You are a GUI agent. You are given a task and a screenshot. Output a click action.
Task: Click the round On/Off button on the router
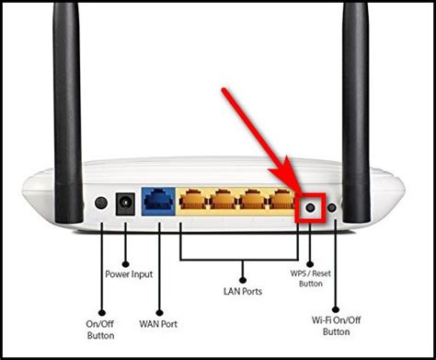[101, 203]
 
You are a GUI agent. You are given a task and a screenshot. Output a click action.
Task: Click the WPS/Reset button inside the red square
[310, 207]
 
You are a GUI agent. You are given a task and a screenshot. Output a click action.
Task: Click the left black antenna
[67, 92]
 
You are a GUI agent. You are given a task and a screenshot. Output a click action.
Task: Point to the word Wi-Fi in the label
[324, 321]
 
